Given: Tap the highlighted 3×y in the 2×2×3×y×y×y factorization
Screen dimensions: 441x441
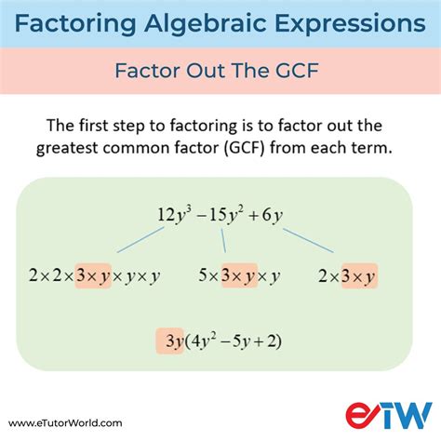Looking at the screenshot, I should click(x=92, y=275).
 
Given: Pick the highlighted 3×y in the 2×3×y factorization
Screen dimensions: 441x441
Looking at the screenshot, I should click(x=358, y=275).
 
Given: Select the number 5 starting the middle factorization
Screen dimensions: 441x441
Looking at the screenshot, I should click(x=203, y=275).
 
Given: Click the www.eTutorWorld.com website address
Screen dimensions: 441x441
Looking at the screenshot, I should click(x=63, y=422).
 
